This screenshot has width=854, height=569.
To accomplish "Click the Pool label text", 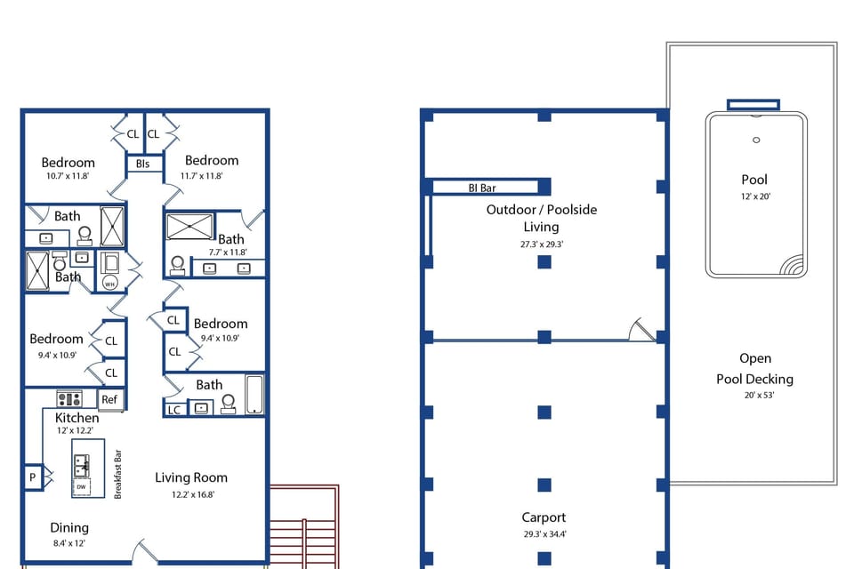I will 753,180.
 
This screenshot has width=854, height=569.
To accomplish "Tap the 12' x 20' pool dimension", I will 753,196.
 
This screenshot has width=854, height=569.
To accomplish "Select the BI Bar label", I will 482,188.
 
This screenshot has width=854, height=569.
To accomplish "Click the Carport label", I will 543,517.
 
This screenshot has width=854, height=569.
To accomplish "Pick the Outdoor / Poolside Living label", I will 541,218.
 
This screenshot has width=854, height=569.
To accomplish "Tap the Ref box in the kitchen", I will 109,399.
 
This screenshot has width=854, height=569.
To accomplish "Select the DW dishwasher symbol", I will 81,486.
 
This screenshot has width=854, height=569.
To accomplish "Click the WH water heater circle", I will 109,283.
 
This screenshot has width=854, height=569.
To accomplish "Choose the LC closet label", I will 174,409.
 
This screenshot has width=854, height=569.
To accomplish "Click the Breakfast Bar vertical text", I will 117,473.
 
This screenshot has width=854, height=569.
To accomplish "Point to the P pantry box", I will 33,477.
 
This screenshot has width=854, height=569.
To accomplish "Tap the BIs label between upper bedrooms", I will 143,164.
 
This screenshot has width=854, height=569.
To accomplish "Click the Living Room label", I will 190,477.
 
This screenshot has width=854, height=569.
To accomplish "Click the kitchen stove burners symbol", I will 69,398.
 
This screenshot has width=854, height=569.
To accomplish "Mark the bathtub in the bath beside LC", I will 254,395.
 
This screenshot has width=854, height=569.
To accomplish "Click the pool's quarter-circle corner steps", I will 789,264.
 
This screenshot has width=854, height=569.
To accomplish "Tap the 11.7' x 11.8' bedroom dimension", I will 201,176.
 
